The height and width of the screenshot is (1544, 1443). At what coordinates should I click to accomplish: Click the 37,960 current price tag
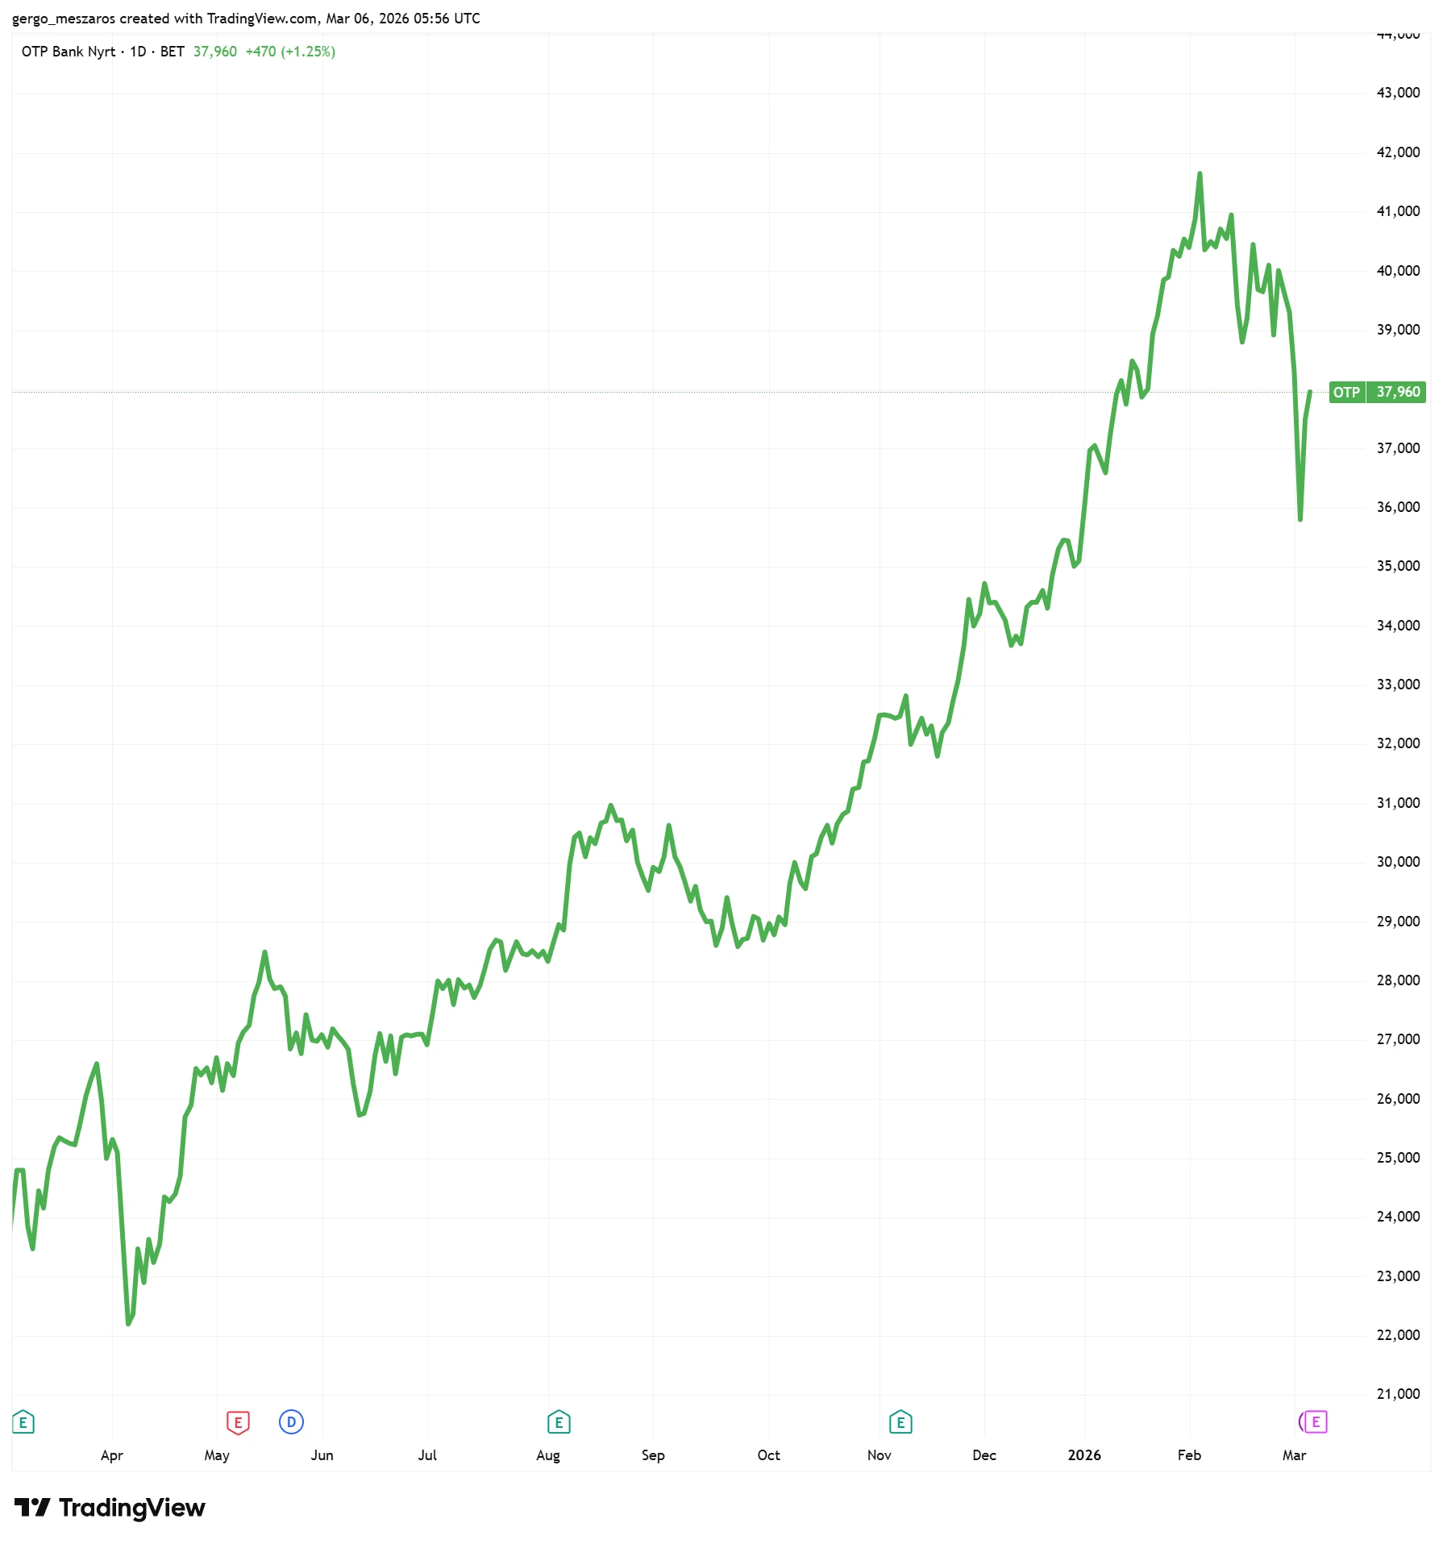tap(1398, 392)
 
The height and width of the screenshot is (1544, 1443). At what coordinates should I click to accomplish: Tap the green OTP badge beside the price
tap(1346, 392)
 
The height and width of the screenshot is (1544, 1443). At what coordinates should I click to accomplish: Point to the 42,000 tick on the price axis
tap(1398, 152)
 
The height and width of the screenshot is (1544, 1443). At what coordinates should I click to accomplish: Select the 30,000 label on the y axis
tap(1398, 862)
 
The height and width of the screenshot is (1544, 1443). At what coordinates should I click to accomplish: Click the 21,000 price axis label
tap(1398, 1394)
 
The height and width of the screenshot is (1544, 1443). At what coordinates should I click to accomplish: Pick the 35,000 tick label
tap(1398, 566)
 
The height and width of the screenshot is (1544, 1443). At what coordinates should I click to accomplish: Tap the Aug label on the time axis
tap(548, 1455)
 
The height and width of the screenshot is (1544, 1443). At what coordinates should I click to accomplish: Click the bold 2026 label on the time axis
tap(1084, 1455)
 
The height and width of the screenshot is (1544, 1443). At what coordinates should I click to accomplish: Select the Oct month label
tap(768, 1455)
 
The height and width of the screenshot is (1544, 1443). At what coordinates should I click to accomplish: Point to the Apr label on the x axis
tap(112, 1455)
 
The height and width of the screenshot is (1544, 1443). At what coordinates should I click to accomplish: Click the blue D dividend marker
tap(291, 1422)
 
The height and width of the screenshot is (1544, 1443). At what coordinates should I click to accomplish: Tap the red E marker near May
tap(238, 1422)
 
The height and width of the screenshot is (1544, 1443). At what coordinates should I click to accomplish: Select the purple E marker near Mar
tap(1316, 1422)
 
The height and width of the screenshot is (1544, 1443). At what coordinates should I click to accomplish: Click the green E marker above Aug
tap(559, 1422)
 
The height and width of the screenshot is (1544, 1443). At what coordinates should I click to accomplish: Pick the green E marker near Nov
tap(900, 1422)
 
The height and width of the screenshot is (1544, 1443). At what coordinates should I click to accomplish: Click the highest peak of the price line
tap(1200, 174)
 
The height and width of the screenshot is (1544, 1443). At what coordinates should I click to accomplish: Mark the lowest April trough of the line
tap(128, 1324)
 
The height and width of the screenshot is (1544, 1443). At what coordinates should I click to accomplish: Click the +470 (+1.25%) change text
tap(290, 52)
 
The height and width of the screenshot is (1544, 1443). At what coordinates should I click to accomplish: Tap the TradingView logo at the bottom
tap(110, 1508)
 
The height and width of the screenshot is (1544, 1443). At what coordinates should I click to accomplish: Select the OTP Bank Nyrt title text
tap(69, 52)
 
